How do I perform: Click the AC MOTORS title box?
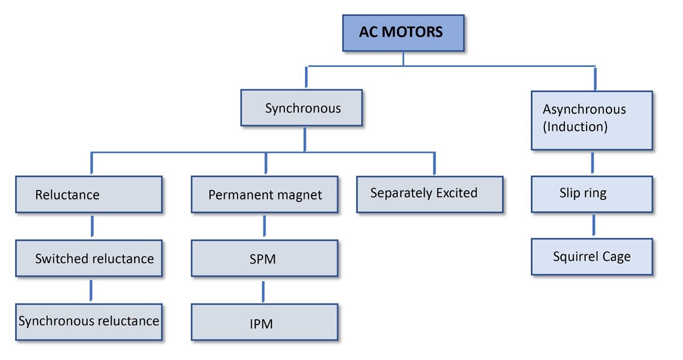pyautogui.click(x=403, y=33)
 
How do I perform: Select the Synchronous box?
pyautogui.click(x=302, y=108)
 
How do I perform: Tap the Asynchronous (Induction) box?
pyautogui.click(x=591, y=120)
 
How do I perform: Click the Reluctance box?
pyautogui.click(x=89, y=194)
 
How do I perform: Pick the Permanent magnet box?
pyautogui.click(x=265, y=194)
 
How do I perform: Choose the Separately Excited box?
pyautogui.click(x=429, y=194)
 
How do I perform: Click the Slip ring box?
pyautogui.click(x=592, y=194)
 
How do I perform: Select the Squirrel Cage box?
pyautogui.click(x=592, y=257)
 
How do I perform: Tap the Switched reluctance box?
pyautogui.click(x=89, y=259)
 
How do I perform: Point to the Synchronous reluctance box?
pyautogui.click(x=89, y=322)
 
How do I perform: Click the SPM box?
pyautogui.click(x=265, y=259)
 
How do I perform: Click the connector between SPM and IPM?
pyautogui.click(x=263, y=291)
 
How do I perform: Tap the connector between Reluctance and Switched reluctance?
pyautogui.click(x=92, y=226)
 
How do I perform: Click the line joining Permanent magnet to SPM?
pyautogui.click(x=264, y=226)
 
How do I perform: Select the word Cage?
pyautogui.click(x=615, y=257)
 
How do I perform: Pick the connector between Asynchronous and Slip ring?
pyautogui.click(x=592, y=163)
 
